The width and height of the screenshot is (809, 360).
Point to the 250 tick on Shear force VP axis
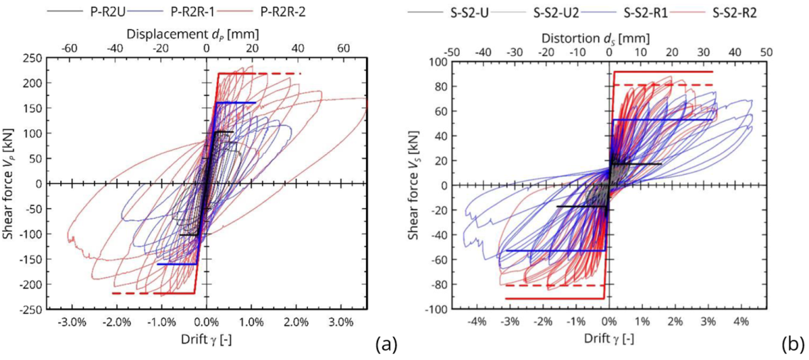32,58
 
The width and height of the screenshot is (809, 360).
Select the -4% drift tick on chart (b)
477,322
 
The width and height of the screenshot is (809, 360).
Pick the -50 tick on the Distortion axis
452,52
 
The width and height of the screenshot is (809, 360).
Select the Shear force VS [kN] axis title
413,187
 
